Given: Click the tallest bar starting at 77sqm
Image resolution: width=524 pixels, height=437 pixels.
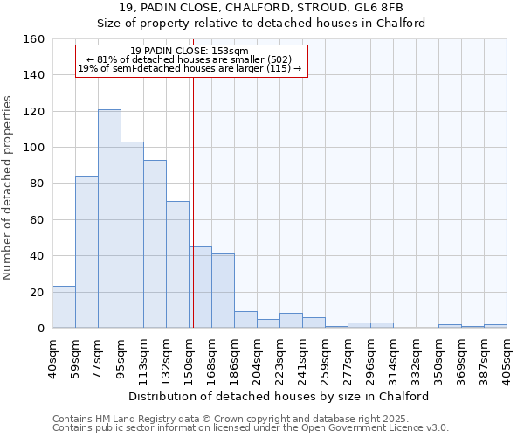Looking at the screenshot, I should (x=109, y=218).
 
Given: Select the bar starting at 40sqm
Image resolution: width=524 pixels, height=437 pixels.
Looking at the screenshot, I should (x=64, y=307).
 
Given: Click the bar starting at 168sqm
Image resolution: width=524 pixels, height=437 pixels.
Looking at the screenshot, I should (x=223, y=290).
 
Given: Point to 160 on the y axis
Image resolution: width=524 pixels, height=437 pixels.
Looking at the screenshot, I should (x=34, y=39).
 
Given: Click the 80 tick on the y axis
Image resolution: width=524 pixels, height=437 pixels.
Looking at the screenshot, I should (x=38, y=184).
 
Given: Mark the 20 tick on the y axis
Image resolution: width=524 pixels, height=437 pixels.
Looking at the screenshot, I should (x=38, y=292).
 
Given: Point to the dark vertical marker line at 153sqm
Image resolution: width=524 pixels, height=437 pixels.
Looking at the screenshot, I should (x=193, y=201).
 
